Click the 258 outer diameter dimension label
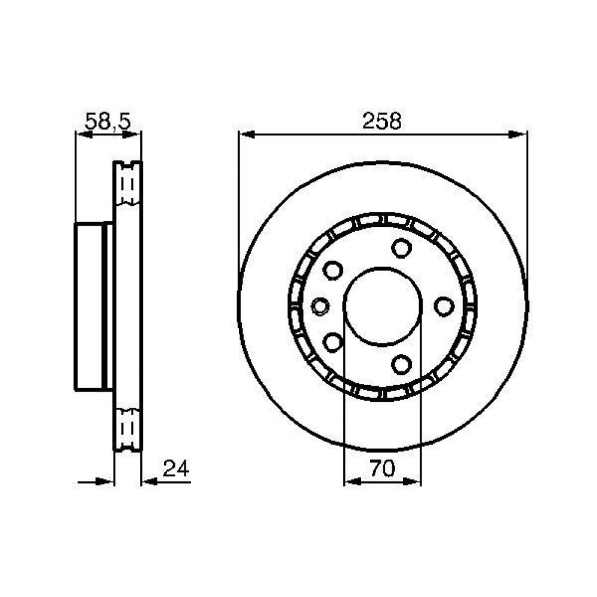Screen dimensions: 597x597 tap(382, 121)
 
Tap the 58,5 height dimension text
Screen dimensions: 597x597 tap(108, 121)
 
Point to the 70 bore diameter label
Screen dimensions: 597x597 tap(383, 468)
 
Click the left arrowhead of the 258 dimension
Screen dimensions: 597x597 tap(246, 134)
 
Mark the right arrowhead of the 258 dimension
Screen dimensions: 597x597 tap(519, 134)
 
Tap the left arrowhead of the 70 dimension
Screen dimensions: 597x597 tap(352, 482)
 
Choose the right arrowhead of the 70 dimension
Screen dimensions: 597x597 tap(413, 482)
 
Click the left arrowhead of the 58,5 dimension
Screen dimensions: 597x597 tap(84, 134)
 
